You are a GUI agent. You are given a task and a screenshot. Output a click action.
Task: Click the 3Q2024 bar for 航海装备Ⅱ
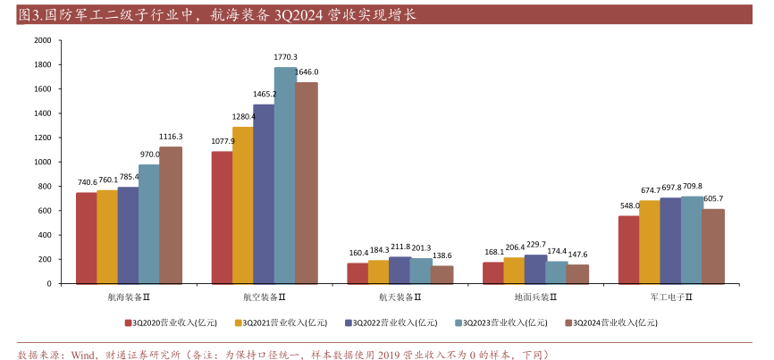click(170, 215)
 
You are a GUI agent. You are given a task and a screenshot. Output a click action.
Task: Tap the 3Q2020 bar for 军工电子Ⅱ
click(628, 250)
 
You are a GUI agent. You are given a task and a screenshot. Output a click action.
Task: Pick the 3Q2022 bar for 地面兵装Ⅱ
click(534, 270)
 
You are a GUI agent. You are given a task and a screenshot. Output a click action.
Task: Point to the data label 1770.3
click(285, 57)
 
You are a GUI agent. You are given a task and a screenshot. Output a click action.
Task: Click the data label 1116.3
click(171, 137)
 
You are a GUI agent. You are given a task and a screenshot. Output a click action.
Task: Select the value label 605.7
click(713, 199)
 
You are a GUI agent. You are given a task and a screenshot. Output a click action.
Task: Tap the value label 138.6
click(442, 255)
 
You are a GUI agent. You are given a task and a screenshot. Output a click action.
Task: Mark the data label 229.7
click(534, 244)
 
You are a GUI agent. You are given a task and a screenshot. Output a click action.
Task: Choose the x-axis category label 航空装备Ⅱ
click(265, 297)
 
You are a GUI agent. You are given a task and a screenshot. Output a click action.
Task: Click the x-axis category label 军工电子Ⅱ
click(671, 297)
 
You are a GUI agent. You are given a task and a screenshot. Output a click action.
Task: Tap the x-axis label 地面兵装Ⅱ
click(535, 297)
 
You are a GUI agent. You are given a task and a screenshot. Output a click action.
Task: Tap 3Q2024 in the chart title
click(306, 15)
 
